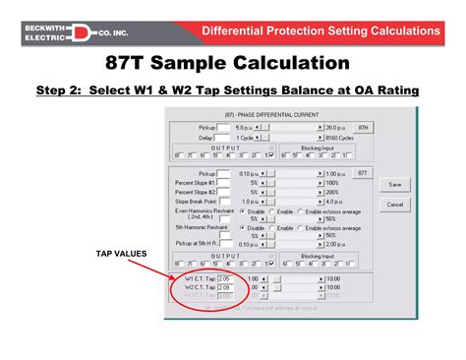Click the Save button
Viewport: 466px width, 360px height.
[395, 184]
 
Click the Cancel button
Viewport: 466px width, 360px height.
[395, 205]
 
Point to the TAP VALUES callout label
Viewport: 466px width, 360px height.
[121, 254]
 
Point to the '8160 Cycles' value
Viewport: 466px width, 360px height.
[339, 137]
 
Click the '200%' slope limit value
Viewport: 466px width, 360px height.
[334, 191]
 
